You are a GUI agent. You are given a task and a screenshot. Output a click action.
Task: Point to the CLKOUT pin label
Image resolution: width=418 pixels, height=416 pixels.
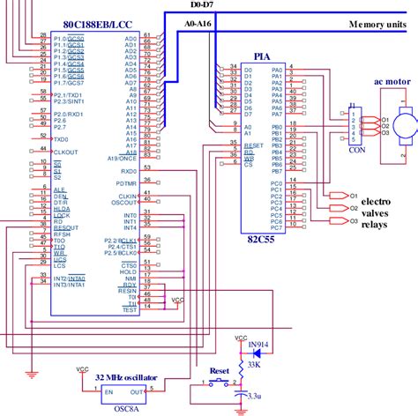[66, 152]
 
